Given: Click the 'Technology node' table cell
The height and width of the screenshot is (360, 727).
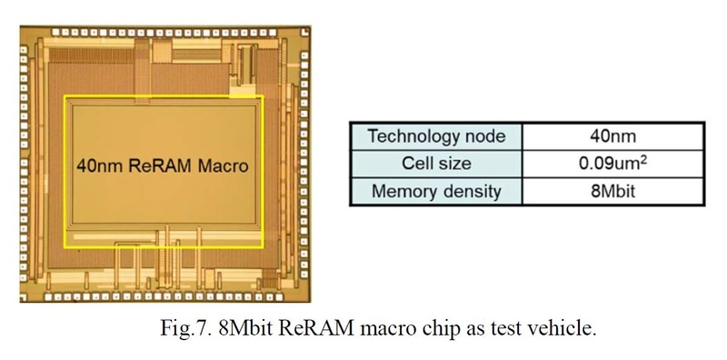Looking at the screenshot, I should click(x=438, y=137).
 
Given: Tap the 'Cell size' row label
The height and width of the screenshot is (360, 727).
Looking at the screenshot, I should click(x=438, y=165).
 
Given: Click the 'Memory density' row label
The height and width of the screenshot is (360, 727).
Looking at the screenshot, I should click(x=438, y=192).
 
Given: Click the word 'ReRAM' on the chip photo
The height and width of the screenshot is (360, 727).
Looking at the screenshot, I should click(x=163, y=167).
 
